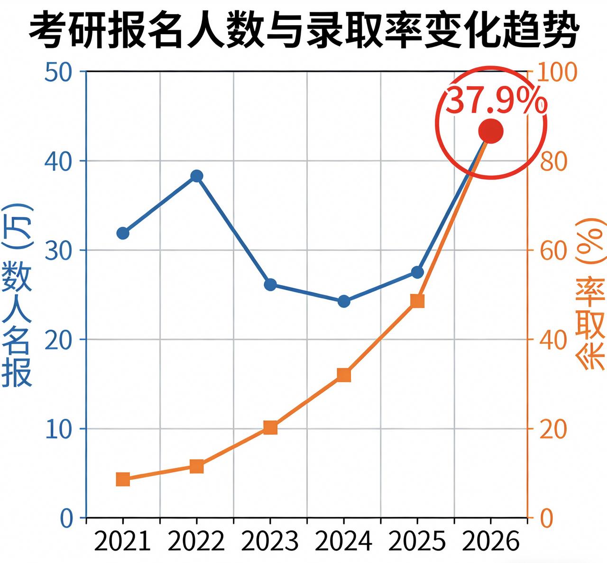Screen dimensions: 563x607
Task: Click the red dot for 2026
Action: pos(490,131)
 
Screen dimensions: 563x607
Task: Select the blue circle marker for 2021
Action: pos(123,233)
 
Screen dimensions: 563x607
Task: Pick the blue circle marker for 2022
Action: pos(197,176)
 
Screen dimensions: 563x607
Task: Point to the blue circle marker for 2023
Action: pos(270,285)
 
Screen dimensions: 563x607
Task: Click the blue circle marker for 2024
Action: pos(344,301)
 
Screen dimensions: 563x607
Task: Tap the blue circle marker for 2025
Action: pos(417,272)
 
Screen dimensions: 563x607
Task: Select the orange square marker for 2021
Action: pos(123,480)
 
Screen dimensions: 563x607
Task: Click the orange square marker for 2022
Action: pos(197,466)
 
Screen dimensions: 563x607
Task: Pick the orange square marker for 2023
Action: pos(270,427)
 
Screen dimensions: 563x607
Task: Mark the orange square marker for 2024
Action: pos(344,375)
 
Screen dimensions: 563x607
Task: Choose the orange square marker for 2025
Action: pos(417,301)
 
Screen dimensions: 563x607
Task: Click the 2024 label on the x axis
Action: pos(344,541)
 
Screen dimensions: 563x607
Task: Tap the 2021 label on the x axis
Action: pos(123,541)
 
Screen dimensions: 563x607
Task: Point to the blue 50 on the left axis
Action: pos(58,72)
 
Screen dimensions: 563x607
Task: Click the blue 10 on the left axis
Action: pos(58,429)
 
